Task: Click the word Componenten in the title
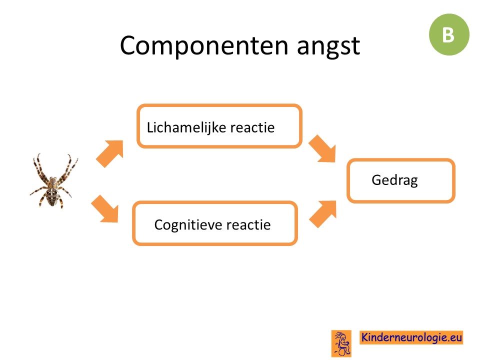(x=204, y=46)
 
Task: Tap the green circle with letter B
(x=449, y=34)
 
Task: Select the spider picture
(x=54, y=181)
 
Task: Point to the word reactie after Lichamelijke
(x=252, y=127)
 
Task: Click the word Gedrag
(x=394, y=180)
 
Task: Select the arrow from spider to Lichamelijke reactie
(x=110, y=153)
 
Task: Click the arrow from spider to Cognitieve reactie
(x=104, y=209)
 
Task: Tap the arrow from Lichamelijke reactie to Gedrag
(x=322, y=148)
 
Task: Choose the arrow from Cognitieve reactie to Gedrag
(x=323, y=214)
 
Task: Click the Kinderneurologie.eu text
(x=411, y=337)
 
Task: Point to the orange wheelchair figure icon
(x=341, y=343)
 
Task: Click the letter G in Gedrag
(x=376, y=179)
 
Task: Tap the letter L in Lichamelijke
(x=149, y=127)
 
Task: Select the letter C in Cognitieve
(x=159, y=225)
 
